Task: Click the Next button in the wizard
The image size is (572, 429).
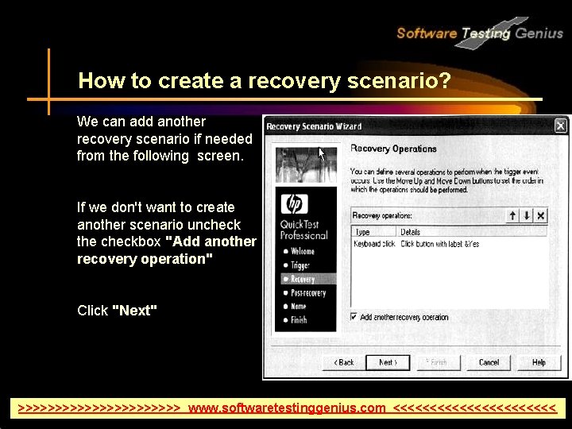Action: pos(387,362)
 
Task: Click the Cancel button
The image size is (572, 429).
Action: pos(489,362)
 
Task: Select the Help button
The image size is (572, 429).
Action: pos(539,362)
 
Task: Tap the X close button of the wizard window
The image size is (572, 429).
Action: pos(560,126)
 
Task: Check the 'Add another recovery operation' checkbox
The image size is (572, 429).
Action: pos(354,317)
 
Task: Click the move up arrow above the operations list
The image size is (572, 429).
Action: pos(513,215)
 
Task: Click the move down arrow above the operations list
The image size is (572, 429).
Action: pos(527,215)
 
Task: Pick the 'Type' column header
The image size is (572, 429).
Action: pos(363,232)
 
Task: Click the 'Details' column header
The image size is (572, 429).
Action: pos(411,232)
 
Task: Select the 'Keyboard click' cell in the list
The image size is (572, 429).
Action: pos(374,244)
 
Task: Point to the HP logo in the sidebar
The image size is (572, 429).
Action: pos(292,205)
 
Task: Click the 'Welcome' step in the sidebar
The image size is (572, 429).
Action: pos(302,251)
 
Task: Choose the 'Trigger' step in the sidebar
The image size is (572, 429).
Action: pos(300,265)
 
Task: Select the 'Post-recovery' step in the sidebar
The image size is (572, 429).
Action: pos(307,293)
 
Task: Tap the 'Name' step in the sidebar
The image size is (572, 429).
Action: pos(298,306)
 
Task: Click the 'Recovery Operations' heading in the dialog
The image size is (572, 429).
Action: pos(393,149)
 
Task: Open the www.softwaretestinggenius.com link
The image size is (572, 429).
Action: pos(287,408)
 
